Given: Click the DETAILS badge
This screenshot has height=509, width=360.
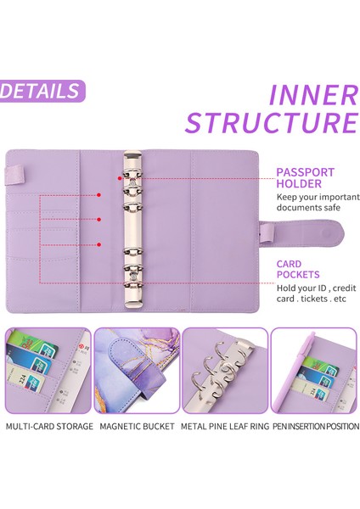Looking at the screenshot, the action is tap(42, 91).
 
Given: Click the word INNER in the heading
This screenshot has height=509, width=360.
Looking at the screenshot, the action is tap(313, 95).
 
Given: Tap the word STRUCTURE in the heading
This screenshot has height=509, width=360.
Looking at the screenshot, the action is tap(272, 122).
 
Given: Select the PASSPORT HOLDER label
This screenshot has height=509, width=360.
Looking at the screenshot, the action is tap(305, 178).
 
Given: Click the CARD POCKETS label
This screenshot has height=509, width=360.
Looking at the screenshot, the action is tap(298, 269).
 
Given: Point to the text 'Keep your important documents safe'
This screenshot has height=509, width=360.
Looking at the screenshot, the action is tap(318, 202).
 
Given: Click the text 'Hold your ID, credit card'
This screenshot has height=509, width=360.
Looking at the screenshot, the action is tap(316, 294).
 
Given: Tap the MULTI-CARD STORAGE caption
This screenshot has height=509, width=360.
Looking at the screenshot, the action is tap(49, 426).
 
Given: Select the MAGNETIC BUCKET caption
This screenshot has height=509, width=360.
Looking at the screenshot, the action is tap(137, 426).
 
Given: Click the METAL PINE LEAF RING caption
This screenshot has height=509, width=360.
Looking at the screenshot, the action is tap(225, 426).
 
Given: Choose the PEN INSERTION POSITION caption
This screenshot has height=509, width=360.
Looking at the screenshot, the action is tap(316, 426).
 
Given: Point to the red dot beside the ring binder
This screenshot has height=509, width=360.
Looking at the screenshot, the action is tap(120, 178).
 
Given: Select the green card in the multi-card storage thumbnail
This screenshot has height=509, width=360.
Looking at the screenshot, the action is tap(32, 344).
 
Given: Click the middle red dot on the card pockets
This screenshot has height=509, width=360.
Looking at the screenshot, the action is tap(98, 220).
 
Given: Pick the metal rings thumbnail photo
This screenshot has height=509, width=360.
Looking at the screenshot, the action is tap(225, 371).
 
